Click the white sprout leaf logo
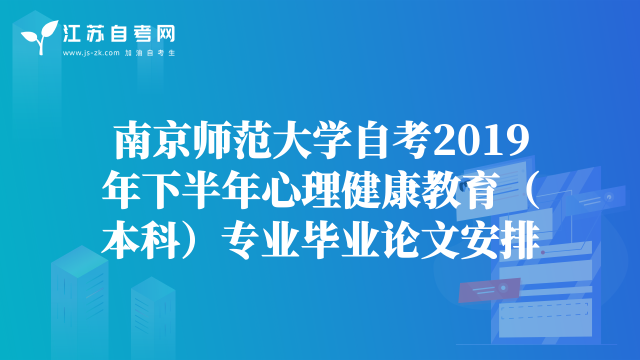40,35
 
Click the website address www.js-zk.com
91,53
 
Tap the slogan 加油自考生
150,53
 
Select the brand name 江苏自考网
119,34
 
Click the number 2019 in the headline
481,140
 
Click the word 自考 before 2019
393,140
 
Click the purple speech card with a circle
488,289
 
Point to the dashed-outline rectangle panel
544,311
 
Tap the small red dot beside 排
543,252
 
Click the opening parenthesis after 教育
531,189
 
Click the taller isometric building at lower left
79,302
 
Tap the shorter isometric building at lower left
153,318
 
